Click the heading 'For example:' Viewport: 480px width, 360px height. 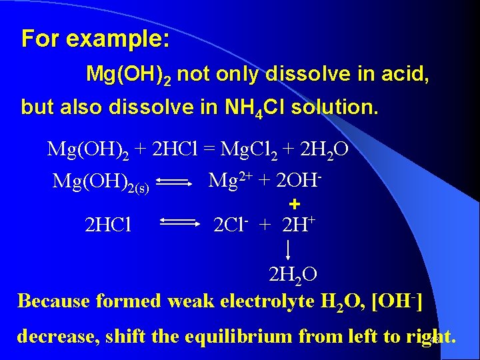click(95, 39)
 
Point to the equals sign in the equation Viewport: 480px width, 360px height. click(209, 149)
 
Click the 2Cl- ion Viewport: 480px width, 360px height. click(231, 225)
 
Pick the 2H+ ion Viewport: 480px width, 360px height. click(298, 225)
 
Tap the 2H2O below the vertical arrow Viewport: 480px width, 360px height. click(293, 274)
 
